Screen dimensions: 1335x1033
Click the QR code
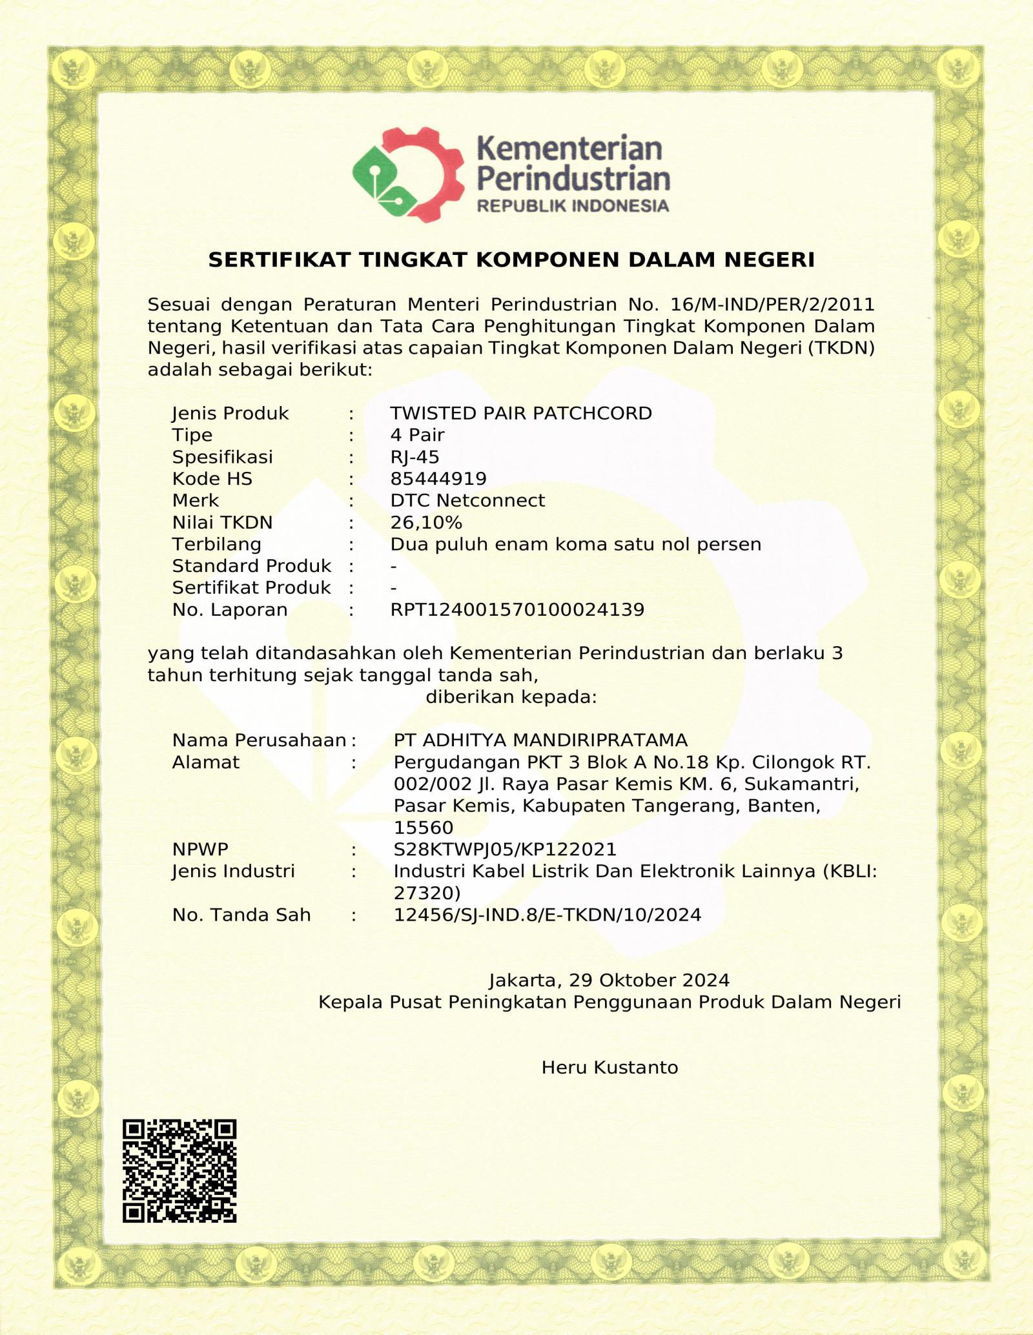(179, 1170)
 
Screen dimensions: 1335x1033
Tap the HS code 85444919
(438, 479)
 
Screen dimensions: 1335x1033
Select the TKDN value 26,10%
(426, 522)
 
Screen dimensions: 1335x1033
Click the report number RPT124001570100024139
(517, 609)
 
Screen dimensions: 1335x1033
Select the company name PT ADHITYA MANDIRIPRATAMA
(540, 740)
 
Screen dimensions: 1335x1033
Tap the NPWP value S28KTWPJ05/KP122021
(505, 849)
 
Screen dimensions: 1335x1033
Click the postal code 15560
(424, 828)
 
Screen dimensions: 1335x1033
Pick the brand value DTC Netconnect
(467, 500)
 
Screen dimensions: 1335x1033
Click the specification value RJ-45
(414, 457)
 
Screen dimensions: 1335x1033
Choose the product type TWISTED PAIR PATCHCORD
(521, 413)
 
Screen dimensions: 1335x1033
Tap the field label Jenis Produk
(230, 413)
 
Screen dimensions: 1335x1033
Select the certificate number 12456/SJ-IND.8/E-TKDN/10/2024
(547, 915)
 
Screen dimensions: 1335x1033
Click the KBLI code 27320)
(427, 893)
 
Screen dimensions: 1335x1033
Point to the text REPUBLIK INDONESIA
(573, 207)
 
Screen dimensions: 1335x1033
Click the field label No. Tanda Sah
(241, 915)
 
